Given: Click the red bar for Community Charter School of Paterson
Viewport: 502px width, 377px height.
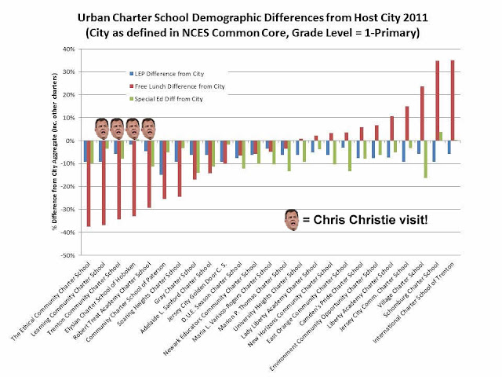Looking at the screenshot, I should (x=164, y=170).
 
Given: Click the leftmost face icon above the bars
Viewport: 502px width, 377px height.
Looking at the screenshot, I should (x=102, y=126).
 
